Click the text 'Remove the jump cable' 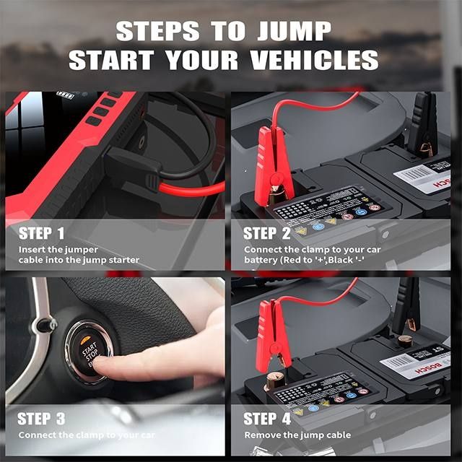(x=297, y=435)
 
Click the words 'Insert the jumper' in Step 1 (x=56, y=249)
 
